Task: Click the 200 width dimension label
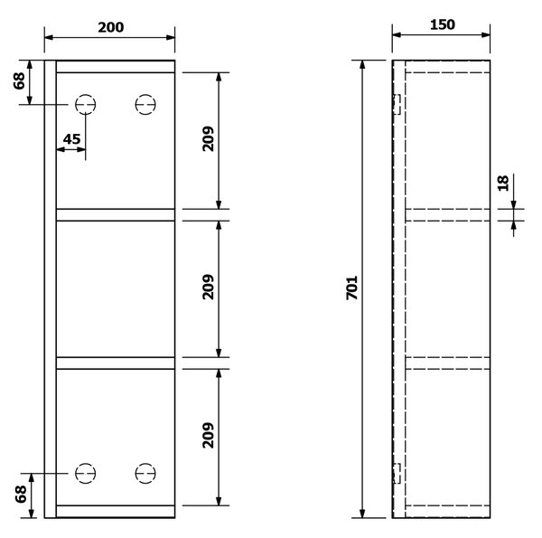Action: coord(110,27)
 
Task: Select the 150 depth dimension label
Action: coord(443,25)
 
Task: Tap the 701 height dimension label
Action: coord(352,288)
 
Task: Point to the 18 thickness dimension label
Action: coord(503,184)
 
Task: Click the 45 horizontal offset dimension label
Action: coord(72,139)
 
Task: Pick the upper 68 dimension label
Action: coord(19,81)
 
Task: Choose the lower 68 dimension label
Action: coord(21,494)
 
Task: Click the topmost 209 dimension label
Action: coord(208,138)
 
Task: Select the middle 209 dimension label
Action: coord(208,287)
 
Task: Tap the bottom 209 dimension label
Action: coord(208,435)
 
